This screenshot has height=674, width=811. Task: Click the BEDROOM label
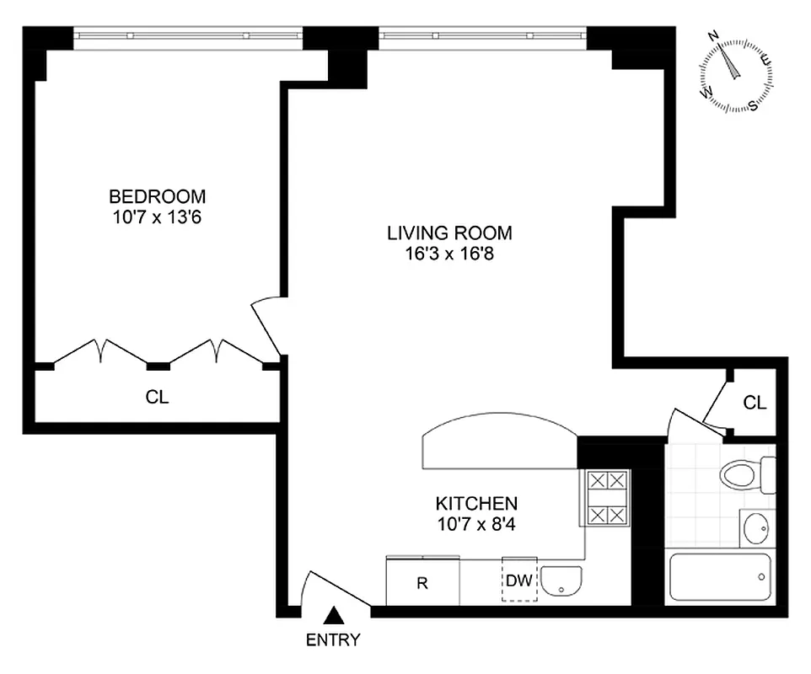pos(158,196)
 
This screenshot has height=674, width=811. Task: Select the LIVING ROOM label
pos(449,233)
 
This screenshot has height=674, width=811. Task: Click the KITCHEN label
pos(475,504)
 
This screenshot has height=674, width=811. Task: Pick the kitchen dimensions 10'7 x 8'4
pos(475,523)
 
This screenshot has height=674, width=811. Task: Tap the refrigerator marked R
pos(422,581)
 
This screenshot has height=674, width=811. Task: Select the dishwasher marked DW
pos(519,580)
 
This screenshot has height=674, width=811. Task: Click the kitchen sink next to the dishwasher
pos(561,581)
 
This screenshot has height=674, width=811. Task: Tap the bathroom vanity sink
pos(755,529)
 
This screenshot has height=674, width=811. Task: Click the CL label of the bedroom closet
pos(158,397)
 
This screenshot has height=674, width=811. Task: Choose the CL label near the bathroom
pos(755,403)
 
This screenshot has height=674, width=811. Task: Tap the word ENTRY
pos(333,639)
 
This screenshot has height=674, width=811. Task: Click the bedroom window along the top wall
pos(186,35)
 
